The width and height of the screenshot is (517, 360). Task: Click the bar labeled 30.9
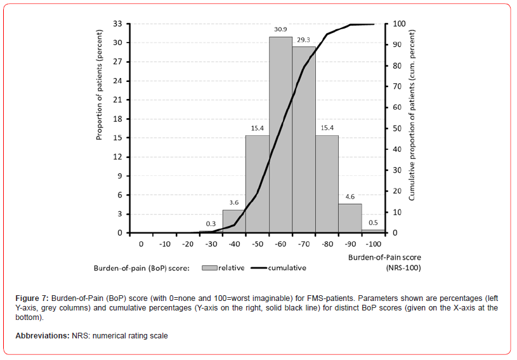tap(280, 135)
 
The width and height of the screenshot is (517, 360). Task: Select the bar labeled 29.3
tap(304, 140)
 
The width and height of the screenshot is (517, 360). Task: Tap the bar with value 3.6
tap(234, 222)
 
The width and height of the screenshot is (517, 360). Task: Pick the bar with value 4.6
tap(350, 218)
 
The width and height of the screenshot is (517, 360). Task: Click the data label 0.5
tap(372, 222)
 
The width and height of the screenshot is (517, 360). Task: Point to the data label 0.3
tap(211, 223)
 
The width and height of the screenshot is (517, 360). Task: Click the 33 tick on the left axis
tap(119, 23)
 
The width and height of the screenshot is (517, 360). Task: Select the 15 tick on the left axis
tap(119, 138)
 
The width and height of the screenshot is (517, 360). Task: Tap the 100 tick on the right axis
tap(399, 23)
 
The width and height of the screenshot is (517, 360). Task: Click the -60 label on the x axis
tap(280, 244)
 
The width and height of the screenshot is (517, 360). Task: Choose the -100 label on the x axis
tap(372, 244)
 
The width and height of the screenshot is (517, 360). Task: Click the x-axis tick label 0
tap(141, 244)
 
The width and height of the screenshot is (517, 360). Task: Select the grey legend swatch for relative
tap(210, 268)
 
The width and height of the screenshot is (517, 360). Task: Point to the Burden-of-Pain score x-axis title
tap(384, 258)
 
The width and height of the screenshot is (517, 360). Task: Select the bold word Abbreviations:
tap(43, 335)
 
